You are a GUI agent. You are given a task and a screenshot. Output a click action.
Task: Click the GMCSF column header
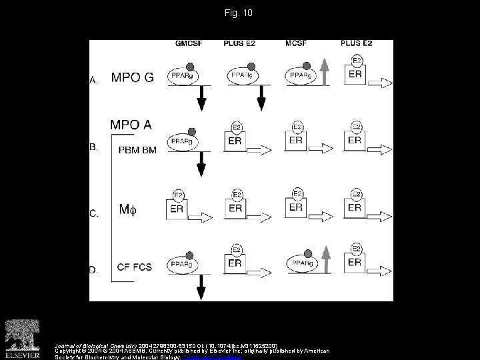click(189, 44)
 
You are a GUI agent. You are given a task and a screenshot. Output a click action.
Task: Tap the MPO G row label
click(132, 77)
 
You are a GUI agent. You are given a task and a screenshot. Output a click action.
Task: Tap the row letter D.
click(94, 270)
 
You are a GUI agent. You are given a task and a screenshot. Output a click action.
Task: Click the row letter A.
click(94, 81)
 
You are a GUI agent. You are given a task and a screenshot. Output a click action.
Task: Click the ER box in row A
click(355, 74)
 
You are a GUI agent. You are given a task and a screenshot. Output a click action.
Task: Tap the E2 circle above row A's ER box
click(356, 60)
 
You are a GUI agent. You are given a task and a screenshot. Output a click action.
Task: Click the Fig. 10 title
click(239, 13)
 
